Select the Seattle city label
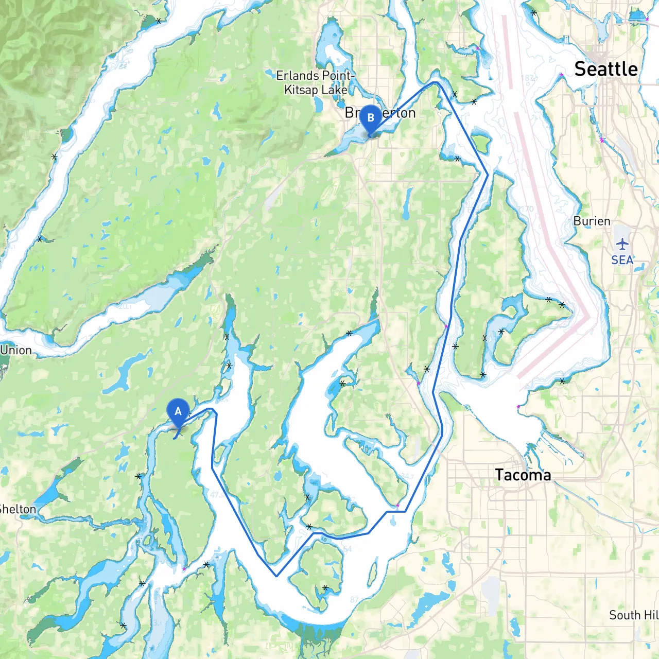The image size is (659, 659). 606,69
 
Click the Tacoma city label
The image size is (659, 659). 523,475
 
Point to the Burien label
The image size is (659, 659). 592,221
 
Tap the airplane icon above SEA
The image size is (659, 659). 622,244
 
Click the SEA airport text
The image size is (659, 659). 622,260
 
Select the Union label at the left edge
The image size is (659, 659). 16,350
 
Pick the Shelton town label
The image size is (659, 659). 18,509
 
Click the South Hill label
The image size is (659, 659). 633,615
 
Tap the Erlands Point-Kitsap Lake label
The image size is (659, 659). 316,82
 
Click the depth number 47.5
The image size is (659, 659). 217,495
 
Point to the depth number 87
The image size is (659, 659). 354,600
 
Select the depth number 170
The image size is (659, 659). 527,209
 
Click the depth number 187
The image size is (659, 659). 528,78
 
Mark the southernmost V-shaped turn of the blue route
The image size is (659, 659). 276,576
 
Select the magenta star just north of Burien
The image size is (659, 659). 601,140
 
